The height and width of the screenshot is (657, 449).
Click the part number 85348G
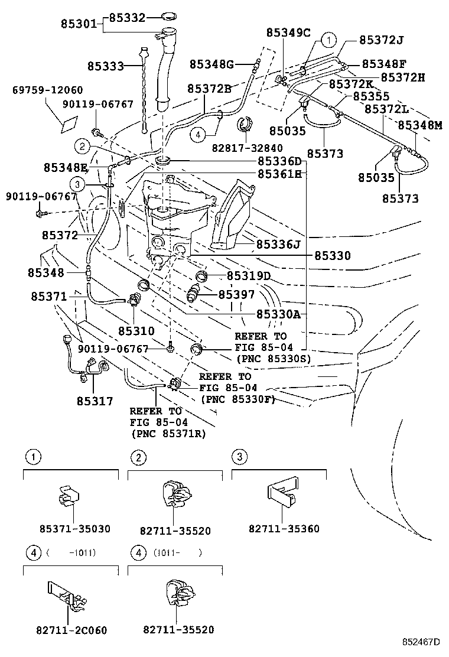(212, 64)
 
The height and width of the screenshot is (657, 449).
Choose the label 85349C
(288, 32)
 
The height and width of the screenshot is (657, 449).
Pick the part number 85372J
(382, 40)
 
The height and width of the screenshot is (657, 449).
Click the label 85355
(371, 96)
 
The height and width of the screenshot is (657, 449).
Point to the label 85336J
(278, 243)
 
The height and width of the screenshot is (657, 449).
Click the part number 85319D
(249, 276)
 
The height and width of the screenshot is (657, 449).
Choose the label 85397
(237, 294)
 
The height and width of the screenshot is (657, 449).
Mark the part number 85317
(95, 401)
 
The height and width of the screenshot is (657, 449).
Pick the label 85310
(136, 331)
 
